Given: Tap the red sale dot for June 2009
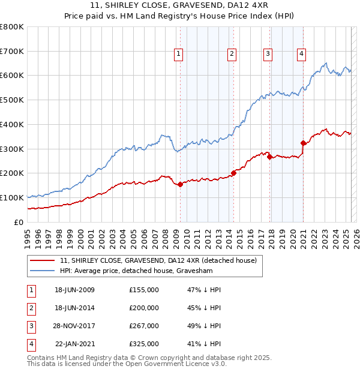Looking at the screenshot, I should (181, 184).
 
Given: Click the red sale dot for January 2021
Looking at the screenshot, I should (303, 143).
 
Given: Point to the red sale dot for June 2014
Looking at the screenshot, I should (233, 173).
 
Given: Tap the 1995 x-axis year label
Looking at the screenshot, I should (28, 234).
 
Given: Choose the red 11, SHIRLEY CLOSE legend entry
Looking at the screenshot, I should (158, 260).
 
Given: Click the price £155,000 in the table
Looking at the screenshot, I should (144, 290).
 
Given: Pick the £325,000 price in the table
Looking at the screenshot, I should (144, 344).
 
